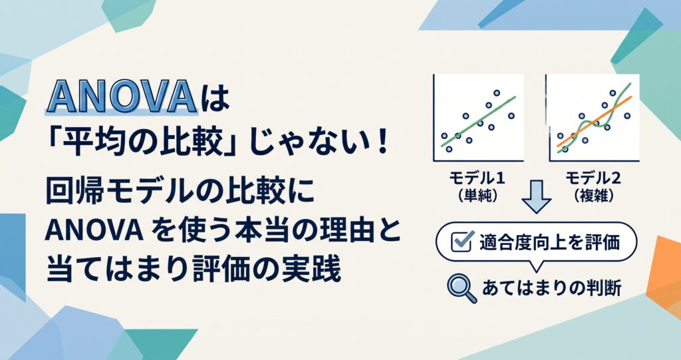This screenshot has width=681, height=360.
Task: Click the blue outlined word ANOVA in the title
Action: pyautogui.click(x=121, y=96)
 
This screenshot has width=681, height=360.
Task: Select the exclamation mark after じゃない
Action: pyautogui.click(x=382, y=142)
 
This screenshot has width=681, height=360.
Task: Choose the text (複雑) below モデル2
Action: pyautogui.click(x=593, y=196)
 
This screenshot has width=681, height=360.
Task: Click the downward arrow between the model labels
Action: pyautogui.click(x=537, y=196)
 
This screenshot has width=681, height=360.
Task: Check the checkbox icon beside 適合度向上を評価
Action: pyautogui.click(x=462, y=242)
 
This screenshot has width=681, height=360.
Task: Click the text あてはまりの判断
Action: pyautogui.click(x=551, y=288)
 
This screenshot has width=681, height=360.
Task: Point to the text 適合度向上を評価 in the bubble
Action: pyautogui.click(x=549, y=242)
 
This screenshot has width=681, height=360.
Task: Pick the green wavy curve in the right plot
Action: pyautogui.click(x=594, y=118)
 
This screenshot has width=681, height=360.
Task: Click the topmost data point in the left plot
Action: pyautogui.click(x=496, y=92)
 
